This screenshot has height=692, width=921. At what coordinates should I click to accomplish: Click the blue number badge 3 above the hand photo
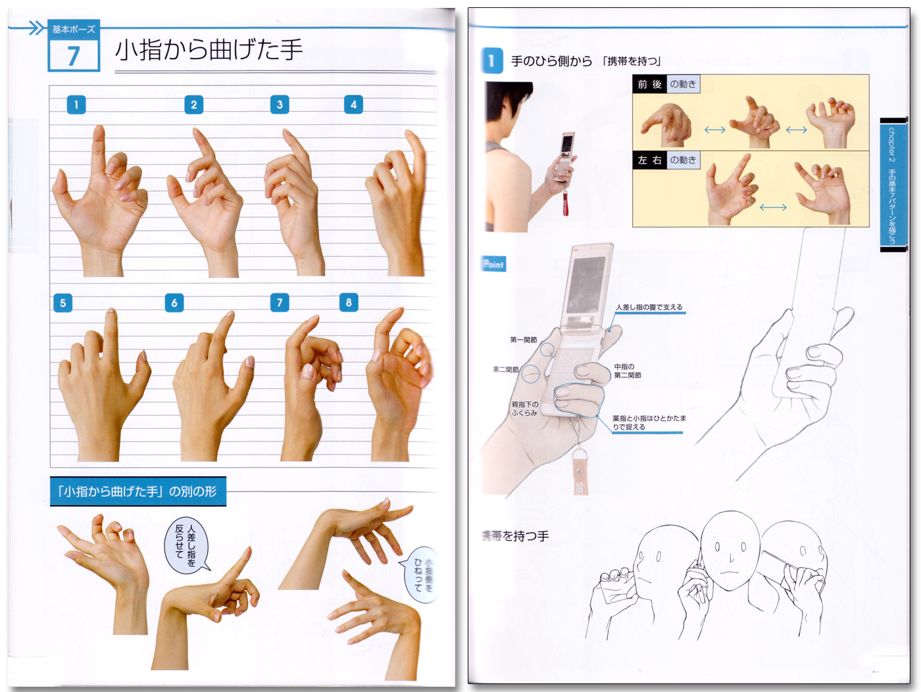[280, 105]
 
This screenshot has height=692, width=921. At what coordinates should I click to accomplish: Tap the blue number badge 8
[349, 303]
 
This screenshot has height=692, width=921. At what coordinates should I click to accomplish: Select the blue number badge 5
[62, 303]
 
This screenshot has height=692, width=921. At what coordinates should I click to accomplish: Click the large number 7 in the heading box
[74, 55]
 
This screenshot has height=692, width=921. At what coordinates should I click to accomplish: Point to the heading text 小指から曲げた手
[209, 50]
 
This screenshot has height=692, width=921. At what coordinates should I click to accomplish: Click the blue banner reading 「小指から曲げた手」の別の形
[137, 491]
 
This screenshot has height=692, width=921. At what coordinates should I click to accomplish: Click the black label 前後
[649, 84]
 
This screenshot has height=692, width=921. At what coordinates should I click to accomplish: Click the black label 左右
[649, 161]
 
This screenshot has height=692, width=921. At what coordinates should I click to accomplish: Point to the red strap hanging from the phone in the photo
[565, 201]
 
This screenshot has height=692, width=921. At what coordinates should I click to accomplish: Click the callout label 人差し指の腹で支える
[649, 307]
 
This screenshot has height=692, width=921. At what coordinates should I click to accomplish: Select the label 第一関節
[524, 340]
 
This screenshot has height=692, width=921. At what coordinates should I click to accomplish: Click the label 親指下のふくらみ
[524, 408]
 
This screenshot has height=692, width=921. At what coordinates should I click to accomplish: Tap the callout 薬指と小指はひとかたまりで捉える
[648, 422]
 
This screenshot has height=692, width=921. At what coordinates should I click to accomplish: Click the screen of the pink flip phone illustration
[587, 282]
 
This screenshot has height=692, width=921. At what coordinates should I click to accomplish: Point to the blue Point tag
[493, 264]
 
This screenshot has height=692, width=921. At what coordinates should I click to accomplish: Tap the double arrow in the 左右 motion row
[773, 207]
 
